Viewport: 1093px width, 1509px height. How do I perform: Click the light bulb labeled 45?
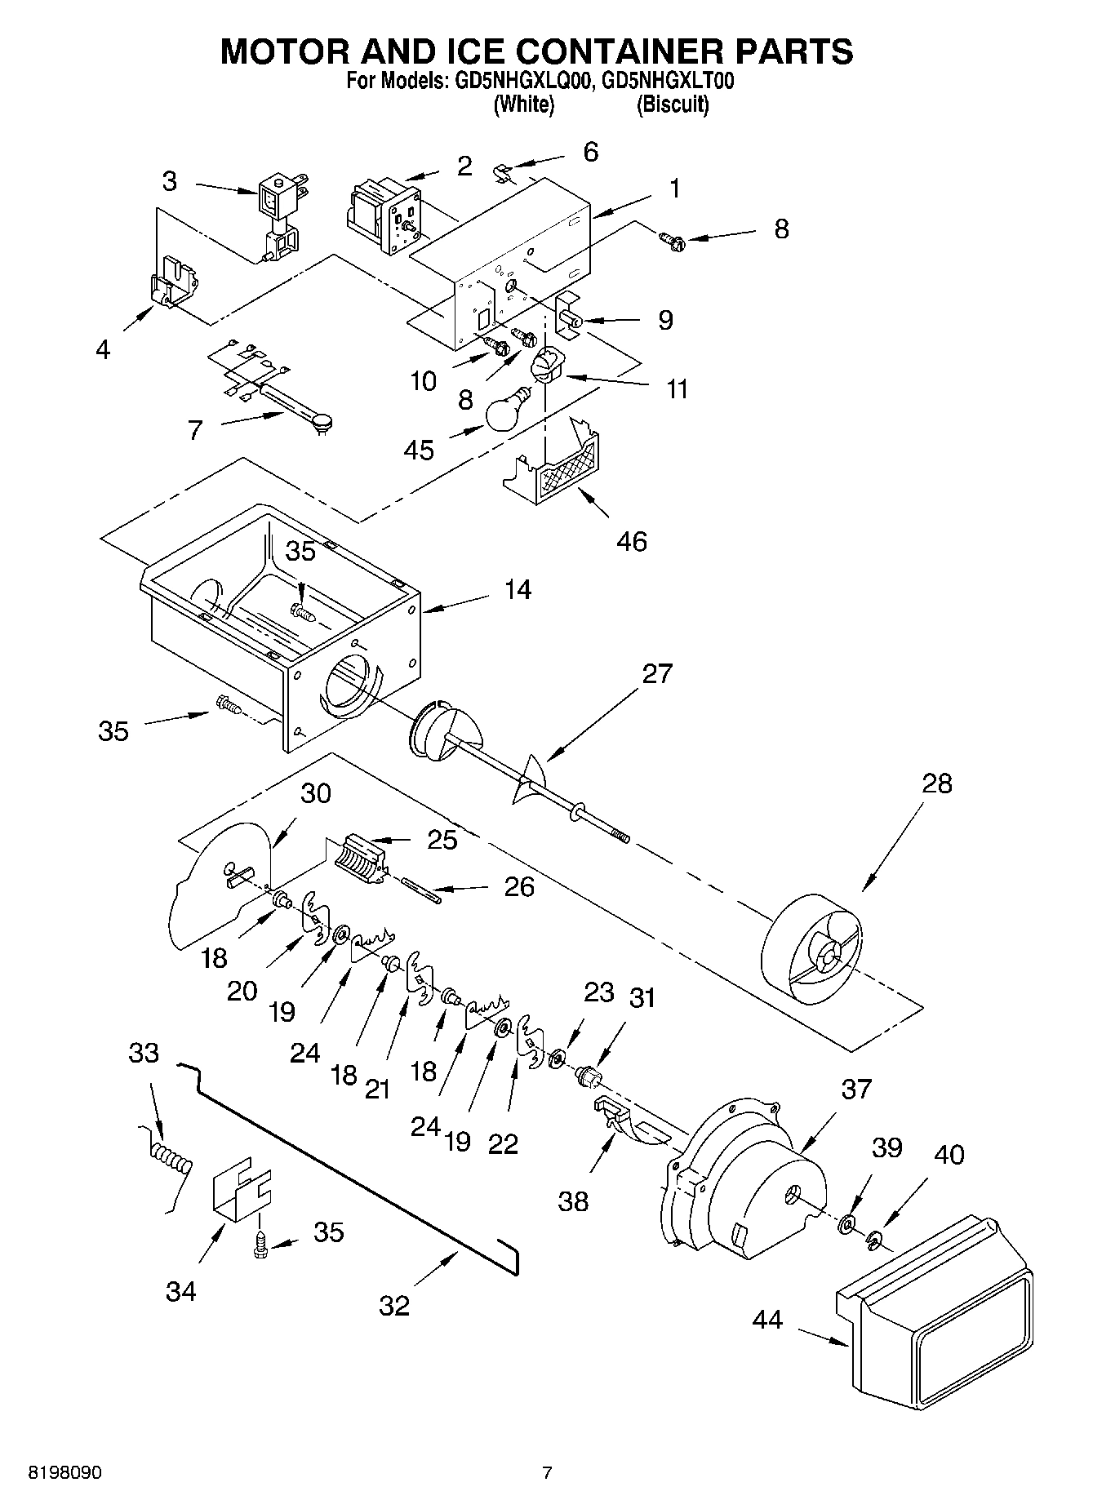(506, 411)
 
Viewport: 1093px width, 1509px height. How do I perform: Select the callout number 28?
(936, 783)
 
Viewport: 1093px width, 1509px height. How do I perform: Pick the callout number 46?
(632, 541)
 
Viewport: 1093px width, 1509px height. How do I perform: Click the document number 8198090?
(66, 1472)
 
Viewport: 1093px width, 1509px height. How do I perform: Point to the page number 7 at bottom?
(547, 1472)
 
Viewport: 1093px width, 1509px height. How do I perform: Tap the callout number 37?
(856, 1088)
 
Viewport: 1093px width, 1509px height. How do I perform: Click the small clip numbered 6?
(504, 173)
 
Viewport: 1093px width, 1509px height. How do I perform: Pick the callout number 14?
(518, 589)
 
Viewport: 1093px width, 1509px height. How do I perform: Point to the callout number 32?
(393, 1306)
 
